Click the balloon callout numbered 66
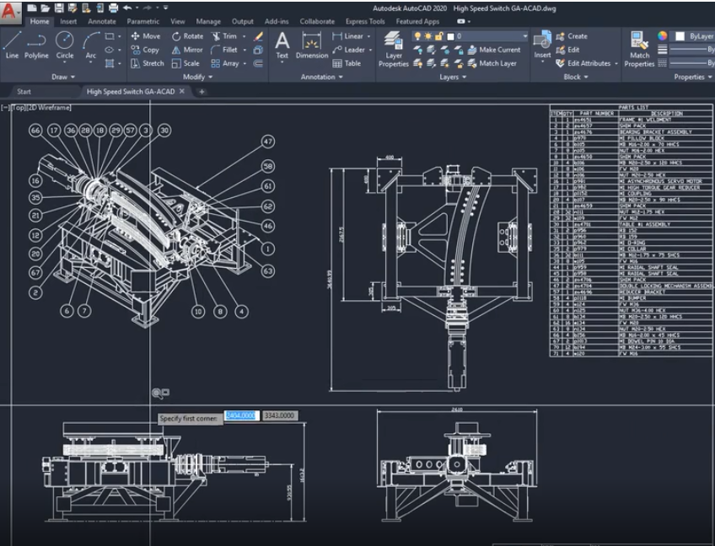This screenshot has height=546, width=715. point(35,131)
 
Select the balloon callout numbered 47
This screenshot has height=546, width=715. point(268,142)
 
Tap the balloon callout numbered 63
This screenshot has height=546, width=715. point(268,270)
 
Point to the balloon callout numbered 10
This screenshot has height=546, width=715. point(198,311)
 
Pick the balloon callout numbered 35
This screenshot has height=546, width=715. point(35,197)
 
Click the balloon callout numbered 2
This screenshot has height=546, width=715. point(35,292)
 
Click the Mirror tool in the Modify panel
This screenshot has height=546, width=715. point(186,50)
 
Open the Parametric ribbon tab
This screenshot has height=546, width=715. point(143,21)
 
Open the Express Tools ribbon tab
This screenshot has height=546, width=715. point(365,21)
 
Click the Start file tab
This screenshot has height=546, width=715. point(24,91)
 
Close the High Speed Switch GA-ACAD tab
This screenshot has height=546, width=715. point(182,91)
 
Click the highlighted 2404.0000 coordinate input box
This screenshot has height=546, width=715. point(240,416)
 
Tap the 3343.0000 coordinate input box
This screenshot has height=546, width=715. point(279,416)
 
